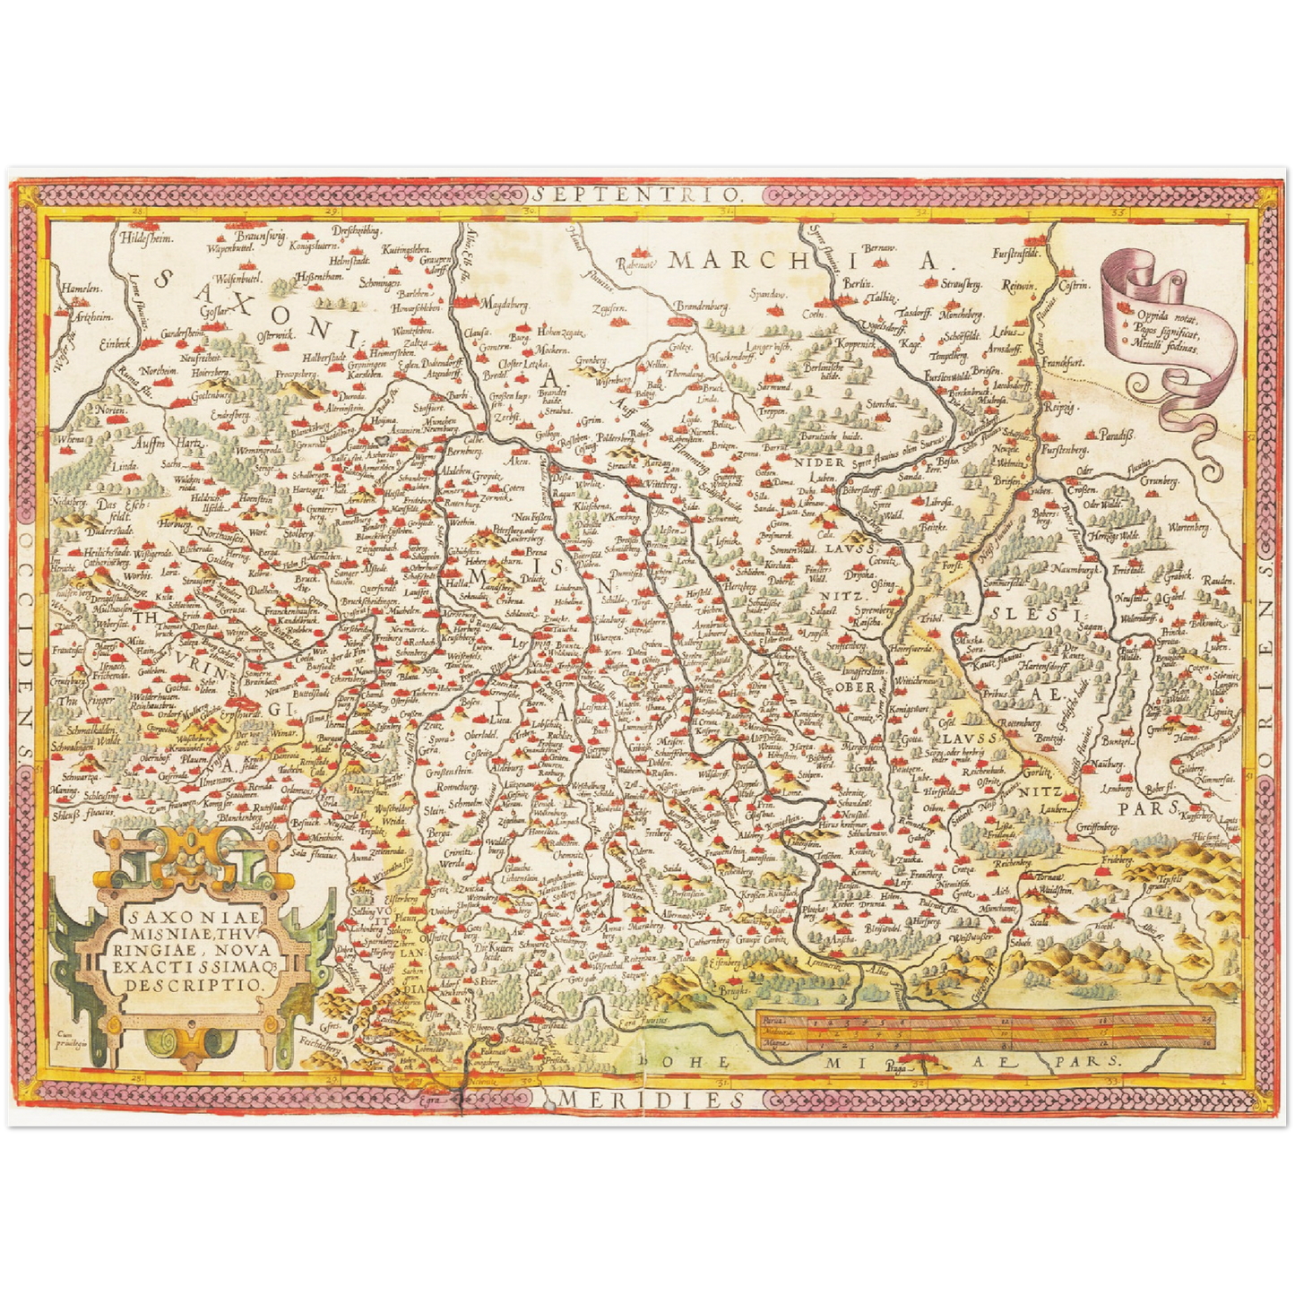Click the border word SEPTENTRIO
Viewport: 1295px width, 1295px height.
[x=640, y=193]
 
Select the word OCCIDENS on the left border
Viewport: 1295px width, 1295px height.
[x=27, y=645]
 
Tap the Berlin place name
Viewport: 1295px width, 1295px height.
[x=850, y=283]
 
